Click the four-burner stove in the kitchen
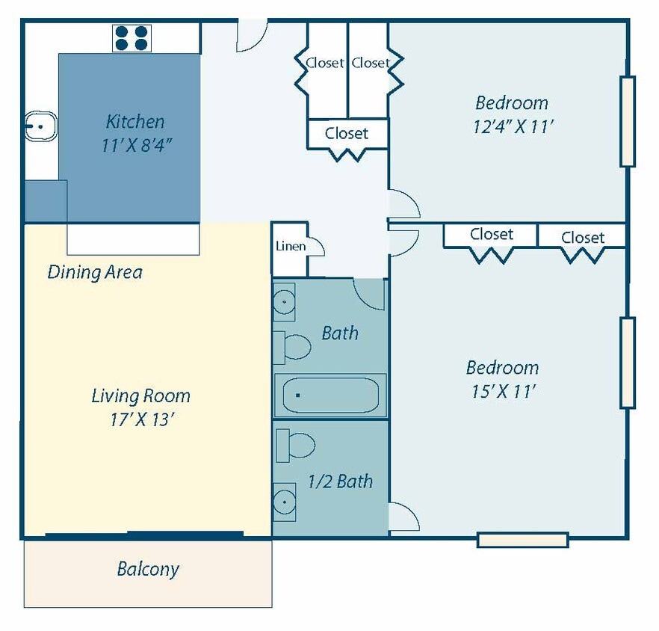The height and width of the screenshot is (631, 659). [x=132, y=38]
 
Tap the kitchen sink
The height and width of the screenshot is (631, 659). [x=40, y=127]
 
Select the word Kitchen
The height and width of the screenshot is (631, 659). [x=134, y=121]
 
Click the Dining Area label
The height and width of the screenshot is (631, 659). [x=95, y=272]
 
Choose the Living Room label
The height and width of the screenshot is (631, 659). [x=140, y=395]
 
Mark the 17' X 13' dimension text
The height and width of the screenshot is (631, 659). [x=141, y=419]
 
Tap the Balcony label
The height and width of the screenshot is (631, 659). [x=148, y=570]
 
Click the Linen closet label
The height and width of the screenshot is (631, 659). [x=290, y=246]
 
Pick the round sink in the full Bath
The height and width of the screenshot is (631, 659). [x=284, y=303]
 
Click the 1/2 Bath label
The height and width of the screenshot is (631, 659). [x=340, y=481]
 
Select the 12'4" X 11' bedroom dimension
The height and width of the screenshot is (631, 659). [x=513, y=126]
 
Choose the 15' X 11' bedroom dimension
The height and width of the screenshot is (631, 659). [x=502, y=391]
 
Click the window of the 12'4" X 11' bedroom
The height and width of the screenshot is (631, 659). [x=627, y=121]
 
